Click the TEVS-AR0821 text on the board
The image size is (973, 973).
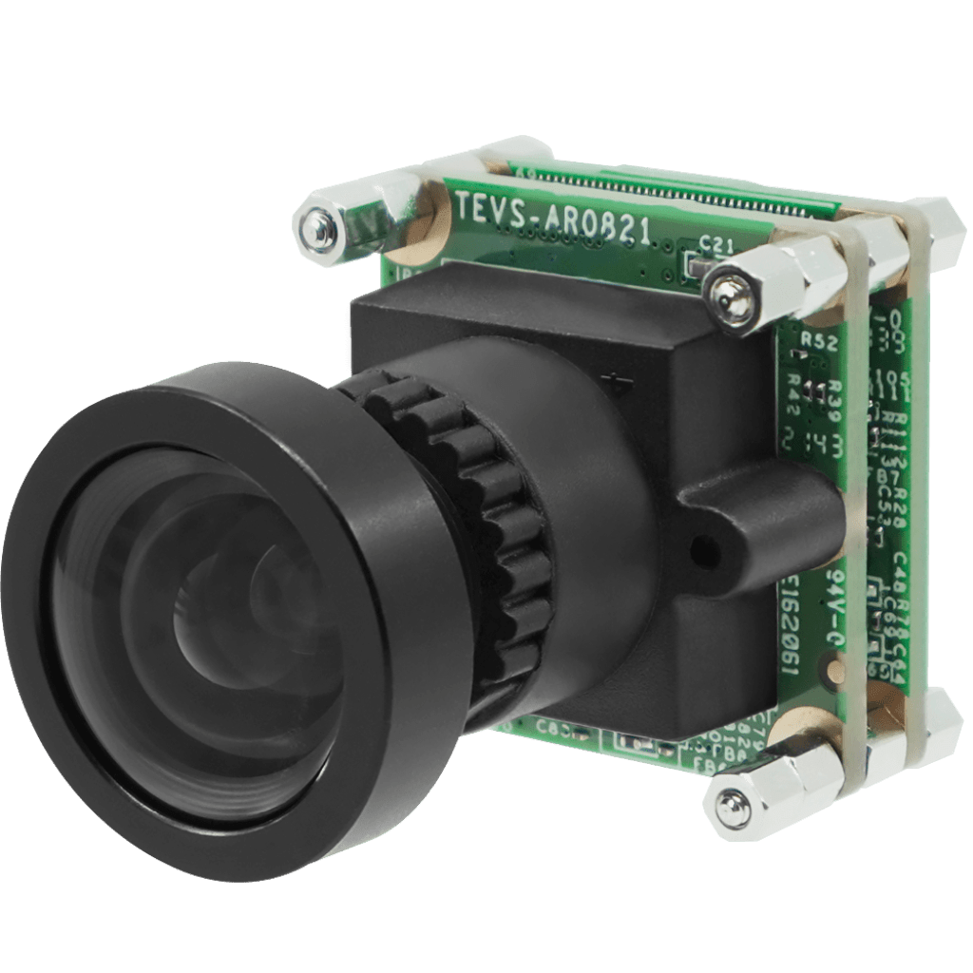[x=554, y=222]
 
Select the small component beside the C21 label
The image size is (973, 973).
[x=692, y=268]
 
